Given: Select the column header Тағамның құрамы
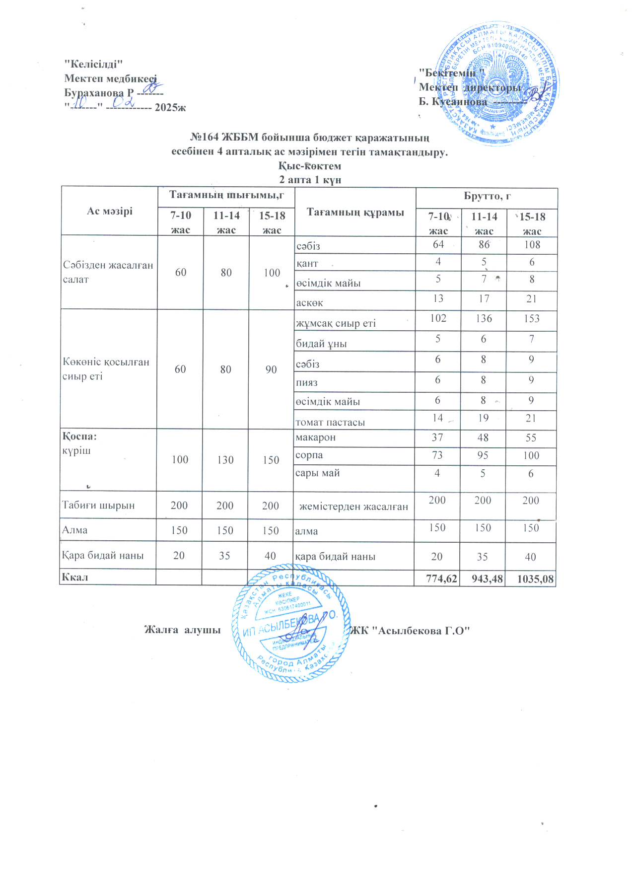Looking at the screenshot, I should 355,213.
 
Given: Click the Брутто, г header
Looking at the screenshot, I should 487,196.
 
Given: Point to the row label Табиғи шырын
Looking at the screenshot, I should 98,506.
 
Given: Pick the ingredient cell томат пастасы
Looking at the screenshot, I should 330,423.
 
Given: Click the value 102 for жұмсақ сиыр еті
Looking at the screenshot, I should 438,318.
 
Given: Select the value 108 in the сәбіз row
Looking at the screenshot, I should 532,245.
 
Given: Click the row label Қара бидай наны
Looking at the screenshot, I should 103,556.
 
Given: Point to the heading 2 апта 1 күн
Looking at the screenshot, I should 310,180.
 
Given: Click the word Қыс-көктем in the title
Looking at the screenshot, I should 310,166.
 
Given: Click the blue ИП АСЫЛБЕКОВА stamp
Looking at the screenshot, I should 290,623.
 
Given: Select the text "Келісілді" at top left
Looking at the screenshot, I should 93,64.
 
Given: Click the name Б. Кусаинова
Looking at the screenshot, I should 453,102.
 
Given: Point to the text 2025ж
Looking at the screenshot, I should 170,107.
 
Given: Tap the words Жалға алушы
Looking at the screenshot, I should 182,630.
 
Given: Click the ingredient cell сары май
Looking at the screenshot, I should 317,473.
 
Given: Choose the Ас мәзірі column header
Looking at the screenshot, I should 110,211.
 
